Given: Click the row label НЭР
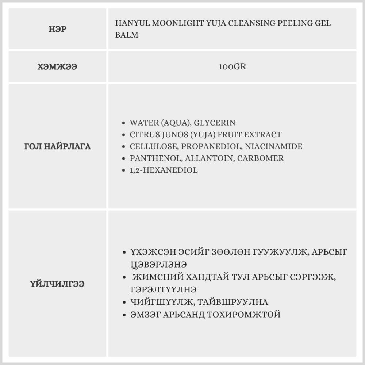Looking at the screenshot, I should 57,30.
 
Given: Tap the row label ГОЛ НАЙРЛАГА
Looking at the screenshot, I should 57,147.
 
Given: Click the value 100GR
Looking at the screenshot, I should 233,67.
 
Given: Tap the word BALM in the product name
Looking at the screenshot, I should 127,35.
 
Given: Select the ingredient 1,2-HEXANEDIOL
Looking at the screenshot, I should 164,170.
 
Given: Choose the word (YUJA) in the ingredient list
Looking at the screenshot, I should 201,135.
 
